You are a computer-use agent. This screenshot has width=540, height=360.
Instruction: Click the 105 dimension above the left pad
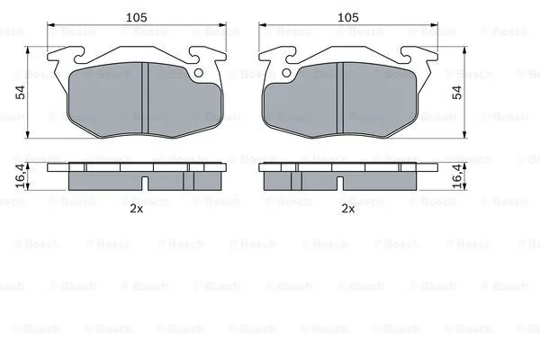[x=137, y=17]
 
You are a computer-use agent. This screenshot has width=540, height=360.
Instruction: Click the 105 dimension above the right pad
[x=347, y=17]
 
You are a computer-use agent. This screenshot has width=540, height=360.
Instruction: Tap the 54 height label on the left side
[x=21, y=92]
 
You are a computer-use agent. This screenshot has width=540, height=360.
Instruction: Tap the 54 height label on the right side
[x=457, y=92]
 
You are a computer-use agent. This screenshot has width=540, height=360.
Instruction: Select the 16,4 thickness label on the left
[x=21, y=175]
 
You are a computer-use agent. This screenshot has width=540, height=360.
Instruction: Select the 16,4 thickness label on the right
[x=457, y=175]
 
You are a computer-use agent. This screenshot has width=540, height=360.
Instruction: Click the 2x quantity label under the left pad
[x=137, y=209]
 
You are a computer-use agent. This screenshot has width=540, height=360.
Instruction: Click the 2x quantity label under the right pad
[x=347, y=209]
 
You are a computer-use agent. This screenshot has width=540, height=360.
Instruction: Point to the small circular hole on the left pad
[x=199, y=73]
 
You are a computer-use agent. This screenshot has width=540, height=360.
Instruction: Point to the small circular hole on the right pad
[x=286, y=73]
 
